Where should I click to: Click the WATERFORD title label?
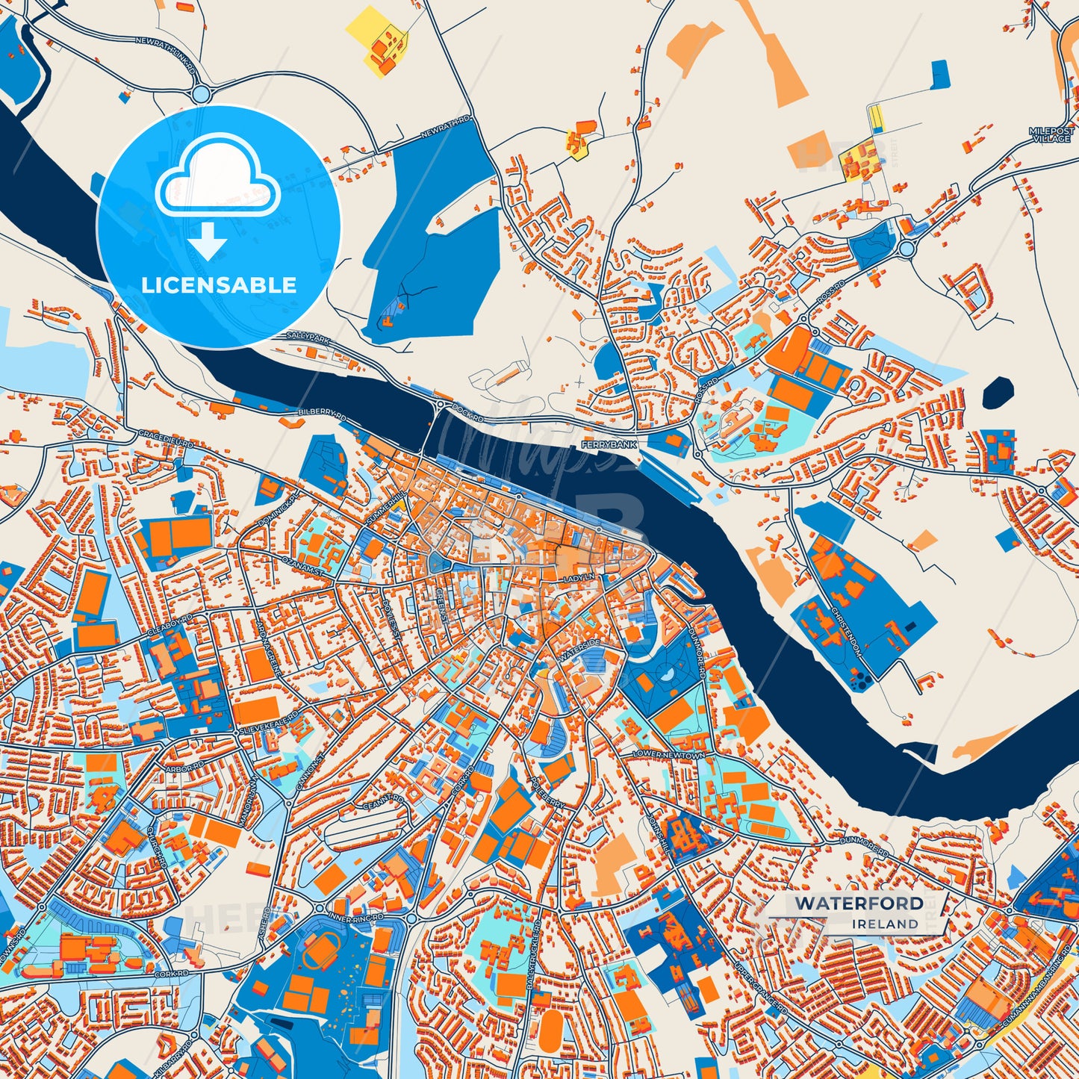(859, 904)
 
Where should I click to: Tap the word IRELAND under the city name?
(886, 924)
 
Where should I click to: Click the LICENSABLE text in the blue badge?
(219, 285)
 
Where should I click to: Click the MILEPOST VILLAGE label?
(1051, 134)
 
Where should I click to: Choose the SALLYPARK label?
(308, 338)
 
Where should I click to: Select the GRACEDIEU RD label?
(166, 438)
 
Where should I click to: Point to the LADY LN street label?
(579, 578)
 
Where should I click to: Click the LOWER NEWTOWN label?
(668, 755)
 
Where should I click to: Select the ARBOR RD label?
(185, 767)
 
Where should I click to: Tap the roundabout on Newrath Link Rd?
(200, 94)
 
